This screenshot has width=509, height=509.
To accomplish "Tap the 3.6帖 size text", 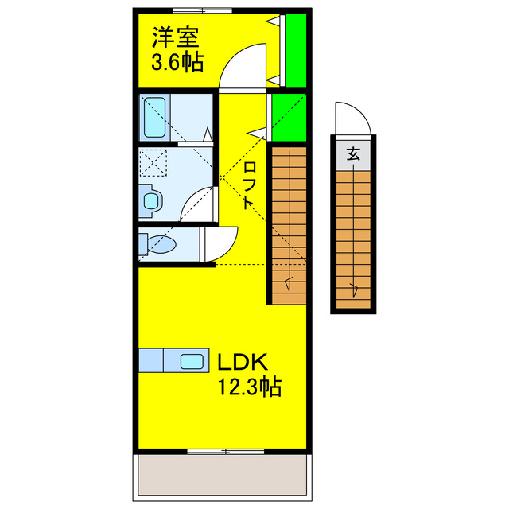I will point(176,61).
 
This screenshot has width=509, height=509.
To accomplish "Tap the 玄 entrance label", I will point(353,155).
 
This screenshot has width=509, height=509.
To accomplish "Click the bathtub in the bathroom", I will point(153,117).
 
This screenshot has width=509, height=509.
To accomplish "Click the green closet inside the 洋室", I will point(295,49).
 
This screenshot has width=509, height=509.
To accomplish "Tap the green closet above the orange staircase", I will point(288,117).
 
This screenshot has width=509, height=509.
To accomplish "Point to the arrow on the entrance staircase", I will point(353,288).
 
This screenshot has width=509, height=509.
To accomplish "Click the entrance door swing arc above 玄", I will point(354,119).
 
